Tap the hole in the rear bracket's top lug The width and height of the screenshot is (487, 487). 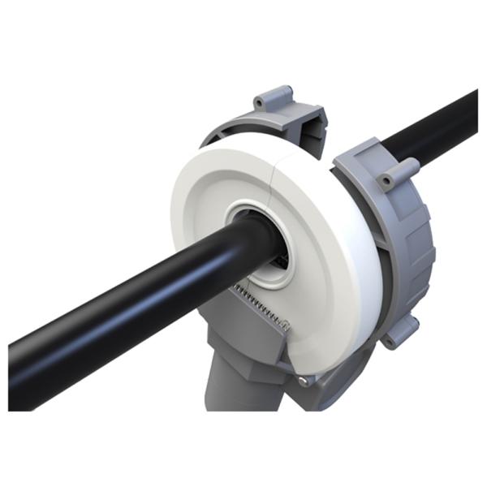pos(260,103)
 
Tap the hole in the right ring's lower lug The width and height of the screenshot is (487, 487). pos(390,342)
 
